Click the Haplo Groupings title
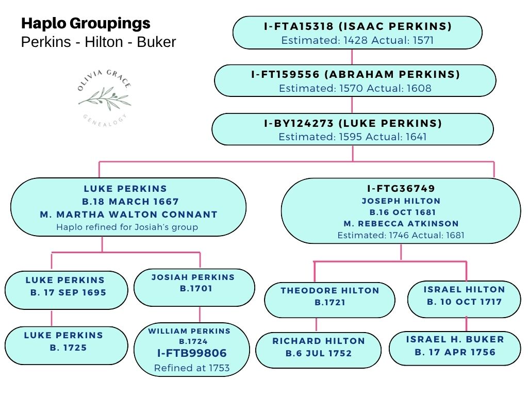(86, 23)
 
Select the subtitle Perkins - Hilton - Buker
(98, 42)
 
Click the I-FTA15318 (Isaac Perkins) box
(357, 32)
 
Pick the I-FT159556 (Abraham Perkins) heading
(355, 75)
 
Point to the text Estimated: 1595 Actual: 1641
(353, 137)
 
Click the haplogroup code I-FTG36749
(401, 189)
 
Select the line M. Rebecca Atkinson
(401, 223)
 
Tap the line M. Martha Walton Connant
(129, 214)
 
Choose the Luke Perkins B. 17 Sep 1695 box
(66, 290)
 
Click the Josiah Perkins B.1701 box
(194, 287)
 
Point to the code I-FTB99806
(192, 354)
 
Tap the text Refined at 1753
(192, 368)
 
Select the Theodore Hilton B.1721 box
(329, 300)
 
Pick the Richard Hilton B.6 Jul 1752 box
(318, 350)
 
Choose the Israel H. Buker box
(455, 348)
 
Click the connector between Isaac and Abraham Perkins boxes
(353, 57)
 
